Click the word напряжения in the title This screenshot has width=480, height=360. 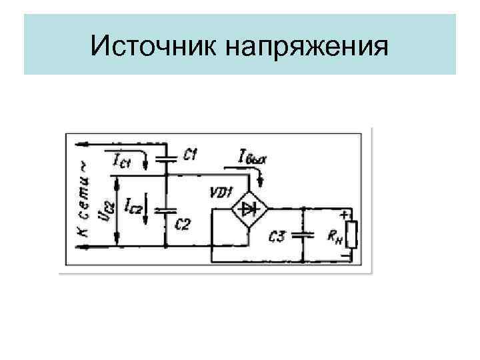point(307,47)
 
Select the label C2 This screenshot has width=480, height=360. point(181,223)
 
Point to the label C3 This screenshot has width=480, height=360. point(279,235)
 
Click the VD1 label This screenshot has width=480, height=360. point(219,193)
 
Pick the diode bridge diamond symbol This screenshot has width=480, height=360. point(249,209)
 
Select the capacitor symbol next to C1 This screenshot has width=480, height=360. point(165,158)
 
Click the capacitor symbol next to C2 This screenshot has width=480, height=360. point(165,209)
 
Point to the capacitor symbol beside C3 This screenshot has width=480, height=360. point(303,235)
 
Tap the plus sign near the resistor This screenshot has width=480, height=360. point(344,215)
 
